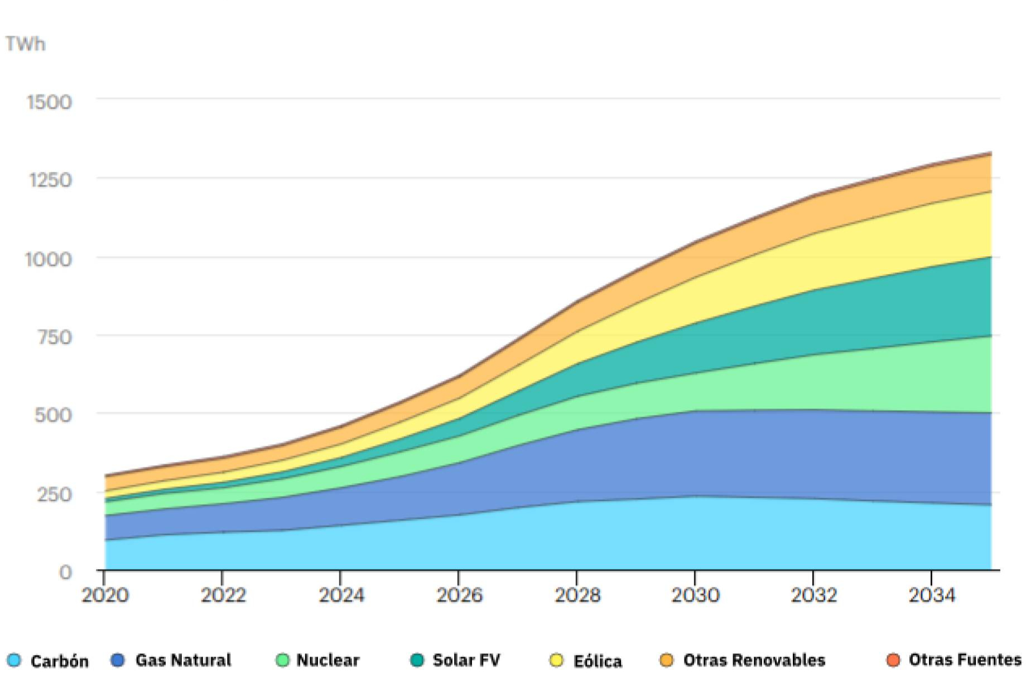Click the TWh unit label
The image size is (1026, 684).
25,44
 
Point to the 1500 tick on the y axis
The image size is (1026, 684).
49,102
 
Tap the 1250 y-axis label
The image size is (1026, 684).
50,180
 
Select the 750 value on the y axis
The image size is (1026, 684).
54,338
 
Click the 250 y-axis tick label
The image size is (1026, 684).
54,494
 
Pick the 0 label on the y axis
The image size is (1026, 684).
65,572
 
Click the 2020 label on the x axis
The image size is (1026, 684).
105,595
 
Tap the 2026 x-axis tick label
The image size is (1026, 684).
459,595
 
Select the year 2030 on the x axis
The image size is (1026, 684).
695,595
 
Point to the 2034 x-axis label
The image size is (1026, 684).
932,595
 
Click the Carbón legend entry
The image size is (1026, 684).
48,661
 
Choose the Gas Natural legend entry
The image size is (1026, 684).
171,660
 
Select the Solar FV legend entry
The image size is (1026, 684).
455,660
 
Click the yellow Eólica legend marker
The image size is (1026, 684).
556,661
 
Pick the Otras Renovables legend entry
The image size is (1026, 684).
742,660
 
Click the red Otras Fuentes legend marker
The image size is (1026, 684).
893,660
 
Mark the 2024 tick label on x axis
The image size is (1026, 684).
341,595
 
